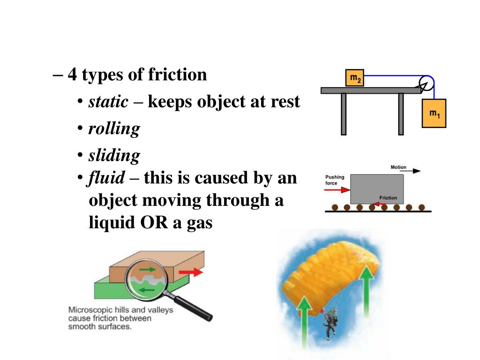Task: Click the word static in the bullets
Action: [108, 102]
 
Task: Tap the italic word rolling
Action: [114, 128]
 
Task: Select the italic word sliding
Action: [114, 155]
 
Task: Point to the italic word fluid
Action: [107, 178]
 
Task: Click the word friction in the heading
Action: [177, 75]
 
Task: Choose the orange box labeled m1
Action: [434, 113]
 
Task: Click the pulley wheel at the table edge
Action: [426, 83]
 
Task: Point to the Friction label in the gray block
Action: [388, 198]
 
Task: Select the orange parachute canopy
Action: [328, 277]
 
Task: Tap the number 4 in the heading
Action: [72, 75]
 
